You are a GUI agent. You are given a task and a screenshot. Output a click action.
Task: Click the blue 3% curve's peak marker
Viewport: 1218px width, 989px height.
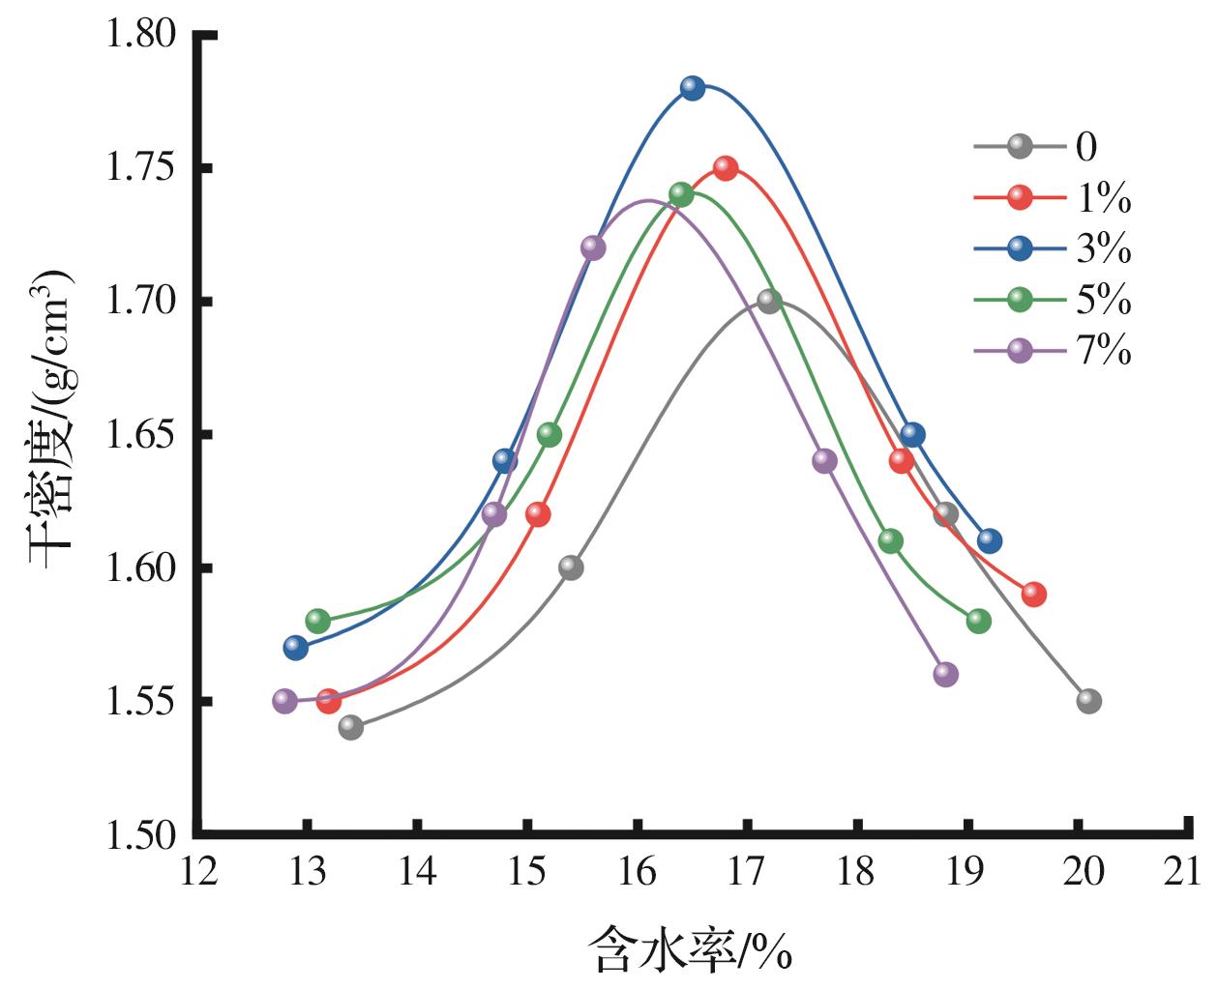[x=692, y=88]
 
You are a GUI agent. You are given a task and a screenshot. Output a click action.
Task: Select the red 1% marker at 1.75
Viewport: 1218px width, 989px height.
[x=726, y=168]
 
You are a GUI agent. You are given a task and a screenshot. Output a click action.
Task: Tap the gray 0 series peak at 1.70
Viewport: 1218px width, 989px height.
[x=769, y=301]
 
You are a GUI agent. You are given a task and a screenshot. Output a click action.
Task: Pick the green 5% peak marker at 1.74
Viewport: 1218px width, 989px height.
[x=681, y=194]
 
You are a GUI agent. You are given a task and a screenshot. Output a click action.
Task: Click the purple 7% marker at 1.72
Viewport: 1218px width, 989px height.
[x=593, y=247]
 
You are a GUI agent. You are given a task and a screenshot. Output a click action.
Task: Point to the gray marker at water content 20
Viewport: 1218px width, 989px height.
[x=1088, y=701]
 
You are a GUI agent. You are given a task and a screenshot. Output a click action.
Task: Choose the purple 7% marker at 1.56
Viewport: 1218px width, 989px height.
[x=945, y=674]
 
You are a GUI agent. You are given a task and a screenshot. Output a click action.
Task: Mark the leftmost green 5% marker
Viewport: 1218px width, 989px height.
[x=317, y=621]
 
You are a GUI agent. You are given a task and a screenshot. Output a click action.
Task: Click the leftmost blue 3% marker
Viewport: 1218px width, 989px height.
[x=295, y=648]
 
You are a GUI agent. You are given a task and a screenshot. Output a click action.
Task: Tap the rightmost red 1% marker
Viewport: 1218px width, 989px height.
[x=1033, y=595]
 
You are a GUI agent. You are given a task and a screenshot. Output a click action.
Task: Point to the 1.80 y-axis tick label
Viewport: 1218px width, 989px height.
[x=142, y=36]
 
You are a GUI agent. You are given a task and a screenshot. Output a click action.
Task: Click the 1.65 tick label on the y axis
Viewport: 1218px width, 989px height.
[x=142, y=435]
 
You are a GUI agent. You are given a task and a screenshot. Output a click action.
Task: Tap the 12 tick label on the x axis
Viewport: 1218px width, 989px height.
[x=197, y=873]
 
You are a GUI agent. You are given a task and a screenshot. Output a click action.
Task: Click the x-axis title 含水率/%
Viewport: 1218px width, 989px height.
[x=690, y=949]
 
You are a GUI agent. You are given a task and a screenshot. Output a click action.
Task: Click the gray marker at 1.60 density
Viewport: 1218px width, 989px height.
[x=571, y=567]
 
